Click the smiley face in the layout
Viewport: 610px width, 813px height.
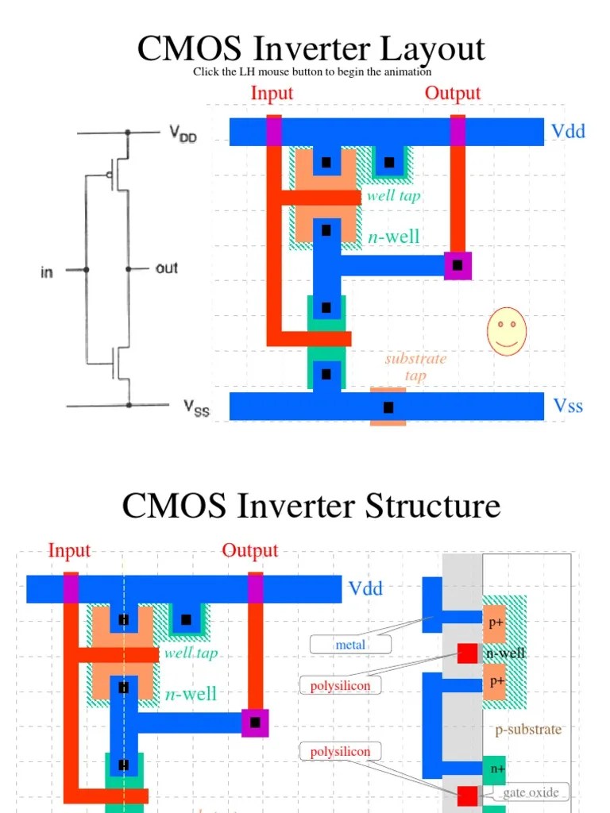[507, 331]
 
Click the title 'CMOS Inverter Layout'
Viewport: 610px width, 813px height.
[311, 48]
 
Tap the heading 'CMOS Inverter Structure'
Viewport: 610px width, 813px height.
[311, 506]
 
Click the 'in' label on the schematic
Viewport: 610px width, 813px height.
[47, 272]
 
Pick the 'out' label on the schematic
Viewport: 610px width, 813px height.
[167, 268]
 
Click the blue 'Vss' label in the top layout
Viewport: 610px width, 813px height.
[568, 406]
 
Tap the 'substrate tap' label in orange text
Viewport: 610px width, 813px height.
[415, 367]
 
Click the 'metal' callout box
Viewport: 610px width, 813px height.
[350, 645]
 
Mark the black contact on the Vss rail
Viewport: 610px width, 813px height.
[388, 407]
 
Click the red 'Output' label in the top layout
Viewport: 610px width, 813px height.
[453, 93]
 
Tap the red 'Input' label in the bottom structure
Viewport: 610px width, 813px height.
[69, 550]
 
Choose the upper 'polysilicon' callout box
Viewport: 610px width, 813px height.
[340, 685]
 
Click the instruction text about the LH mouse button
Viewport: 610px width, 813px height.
[311, 72]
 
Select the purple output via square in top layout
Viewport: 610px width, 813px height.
[457, 265]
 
